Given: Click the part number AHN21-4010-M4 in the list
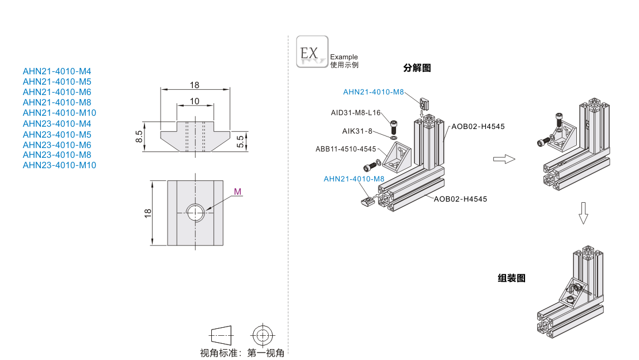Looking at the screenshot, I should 57,71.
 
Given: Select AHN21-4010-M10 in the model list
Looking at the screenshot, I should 59,112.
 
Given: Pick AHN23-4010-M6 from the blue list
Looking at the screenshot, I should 57,145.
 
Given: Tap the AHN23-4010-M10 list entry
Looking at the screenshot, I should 59,165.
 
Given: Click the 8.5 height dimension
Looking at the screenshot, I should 139,137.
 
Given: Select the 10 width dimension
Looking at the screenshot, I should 194,101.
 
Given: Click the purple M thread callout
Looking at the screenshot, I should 238,191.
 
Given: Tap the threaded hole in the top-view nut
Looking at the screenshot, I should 196,213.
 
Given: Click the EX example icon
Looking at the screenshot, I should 312,51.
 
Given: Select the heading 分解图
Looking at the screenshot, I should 417,68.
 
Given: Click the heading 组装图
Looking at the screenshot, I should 512,278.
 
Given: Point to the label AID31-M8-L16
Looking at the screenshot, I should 356,113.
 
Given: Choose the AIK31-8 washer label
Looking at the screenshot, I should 357,131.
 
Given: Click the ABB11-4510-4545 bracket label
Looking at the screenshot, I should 345,149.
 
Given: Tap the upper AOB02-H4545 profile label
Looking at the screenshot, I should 478,126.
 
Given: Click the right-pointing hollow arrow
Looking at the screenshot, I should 504,159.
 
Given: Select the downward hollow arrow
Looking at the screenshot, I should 583,213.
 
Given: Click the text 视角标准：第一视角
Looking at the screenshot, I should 242,353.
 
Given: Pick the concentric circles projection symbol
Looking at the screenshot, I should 263,334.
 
